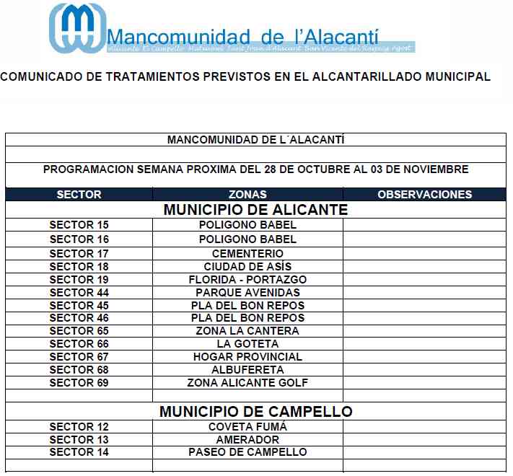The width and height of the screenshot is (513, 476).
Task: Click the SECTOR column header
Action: coord(79,194)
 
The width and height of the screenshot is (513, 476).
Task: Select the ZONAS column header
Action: coord(247,194)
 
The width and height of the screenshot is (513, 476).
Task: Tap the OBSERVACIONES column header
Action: coord(425,194)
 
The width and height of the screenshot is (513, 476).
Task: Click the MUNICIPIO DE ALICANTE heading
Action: coord(255,210)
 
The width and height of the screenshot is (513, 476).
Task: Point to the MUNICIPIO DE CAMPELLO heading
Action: coord(255,412)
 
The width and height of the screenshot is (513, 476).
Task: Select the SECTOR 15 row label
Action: coord(79,225)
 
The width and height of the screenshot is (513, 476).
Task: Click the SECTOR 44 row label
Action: coord(79,293)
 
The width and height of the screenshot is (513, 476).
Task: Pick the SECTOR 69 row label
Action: coord(79,383)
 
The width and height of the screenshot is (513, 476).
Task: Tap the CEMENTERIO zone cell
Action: coord(247,254)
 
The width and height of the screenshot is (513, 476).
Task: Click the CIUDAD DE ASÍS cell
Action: coord(247,267)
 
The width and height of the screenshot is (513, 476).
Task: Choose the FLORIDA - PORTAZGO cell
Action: coord(247,280)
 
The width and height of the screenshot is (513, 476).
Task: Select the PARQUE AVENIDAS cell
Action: coord(247,293)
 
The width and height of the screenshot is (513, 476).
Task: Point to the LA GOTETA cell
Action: coord(247,344)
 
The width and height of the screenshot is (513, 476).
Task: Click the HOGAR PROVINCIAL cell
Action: coord(247,357)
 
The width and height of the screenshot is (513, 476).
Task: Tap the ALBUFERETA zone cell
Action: coord(247,370)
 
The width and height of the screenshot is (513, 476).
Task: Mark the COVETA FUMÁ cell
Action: coord(247,427)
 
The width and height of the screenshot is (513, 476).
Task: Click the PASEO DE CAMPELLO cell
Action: coord(247,452)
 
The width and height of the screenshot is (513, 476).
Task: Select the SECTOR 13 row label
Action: coord(79,440)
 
